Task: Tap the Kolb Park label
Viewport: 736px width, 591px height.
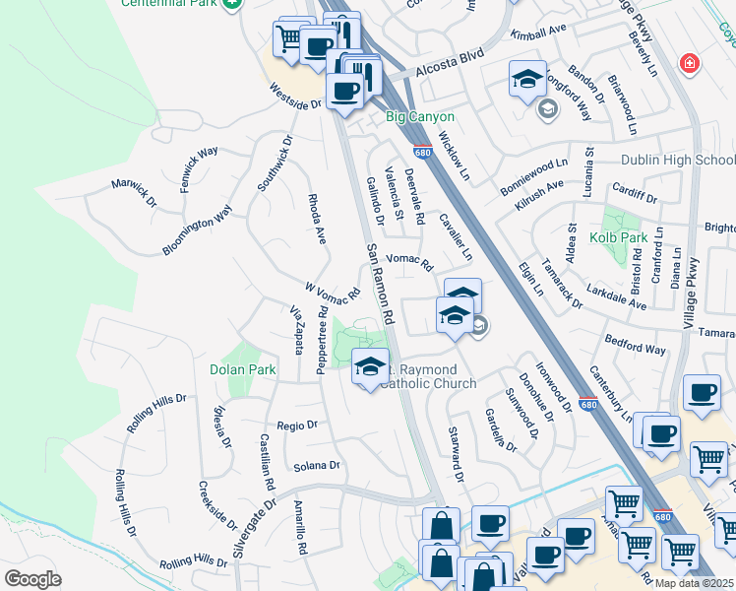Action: (646, 238)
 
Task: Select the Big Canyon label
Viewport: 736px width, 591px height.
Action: (420, 116)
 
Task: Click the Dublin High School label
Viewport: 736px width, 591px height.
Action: (678, 161)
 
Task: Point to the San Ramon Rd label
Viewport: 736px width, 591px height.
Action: (380, 285)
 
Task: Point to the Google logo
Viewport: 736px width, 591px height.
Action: (32, 579)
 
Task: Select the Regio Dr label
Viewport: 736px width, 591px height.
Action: (297, 426)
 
